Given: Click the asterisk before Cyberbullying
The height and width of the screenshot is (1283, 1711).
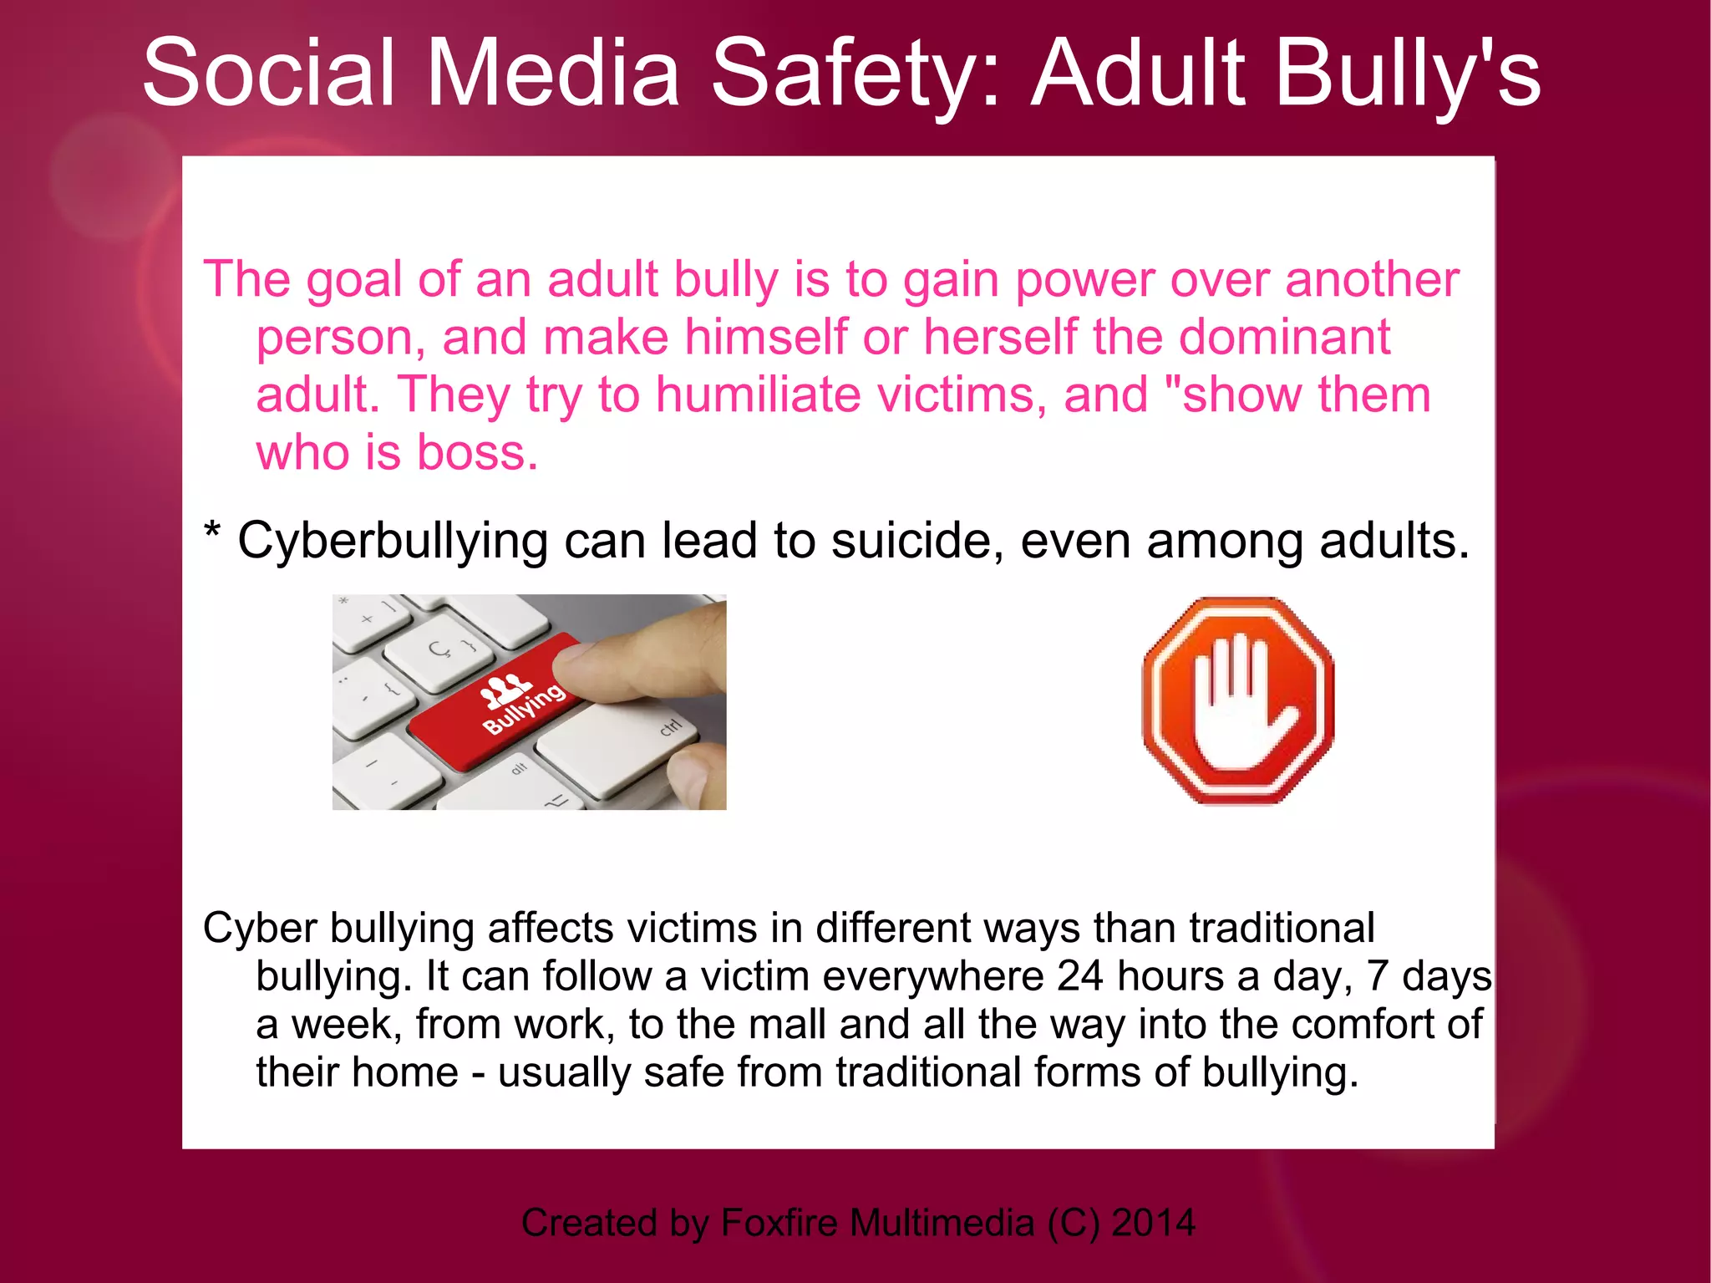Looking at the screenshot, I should [212, 532].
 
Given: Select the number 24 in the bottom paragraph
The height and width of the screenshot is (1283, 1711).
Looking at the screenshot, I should [1079, 975].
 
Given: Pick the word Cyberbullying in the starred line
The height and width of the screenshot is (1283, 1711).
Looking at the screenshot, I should [393, 542].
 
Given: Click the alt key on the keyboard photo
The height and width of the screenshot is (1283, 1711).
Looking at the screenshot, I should [519, 767].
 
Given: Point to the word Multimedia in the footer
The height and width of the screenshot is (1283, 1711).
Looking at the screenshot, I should [942, 1223].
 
